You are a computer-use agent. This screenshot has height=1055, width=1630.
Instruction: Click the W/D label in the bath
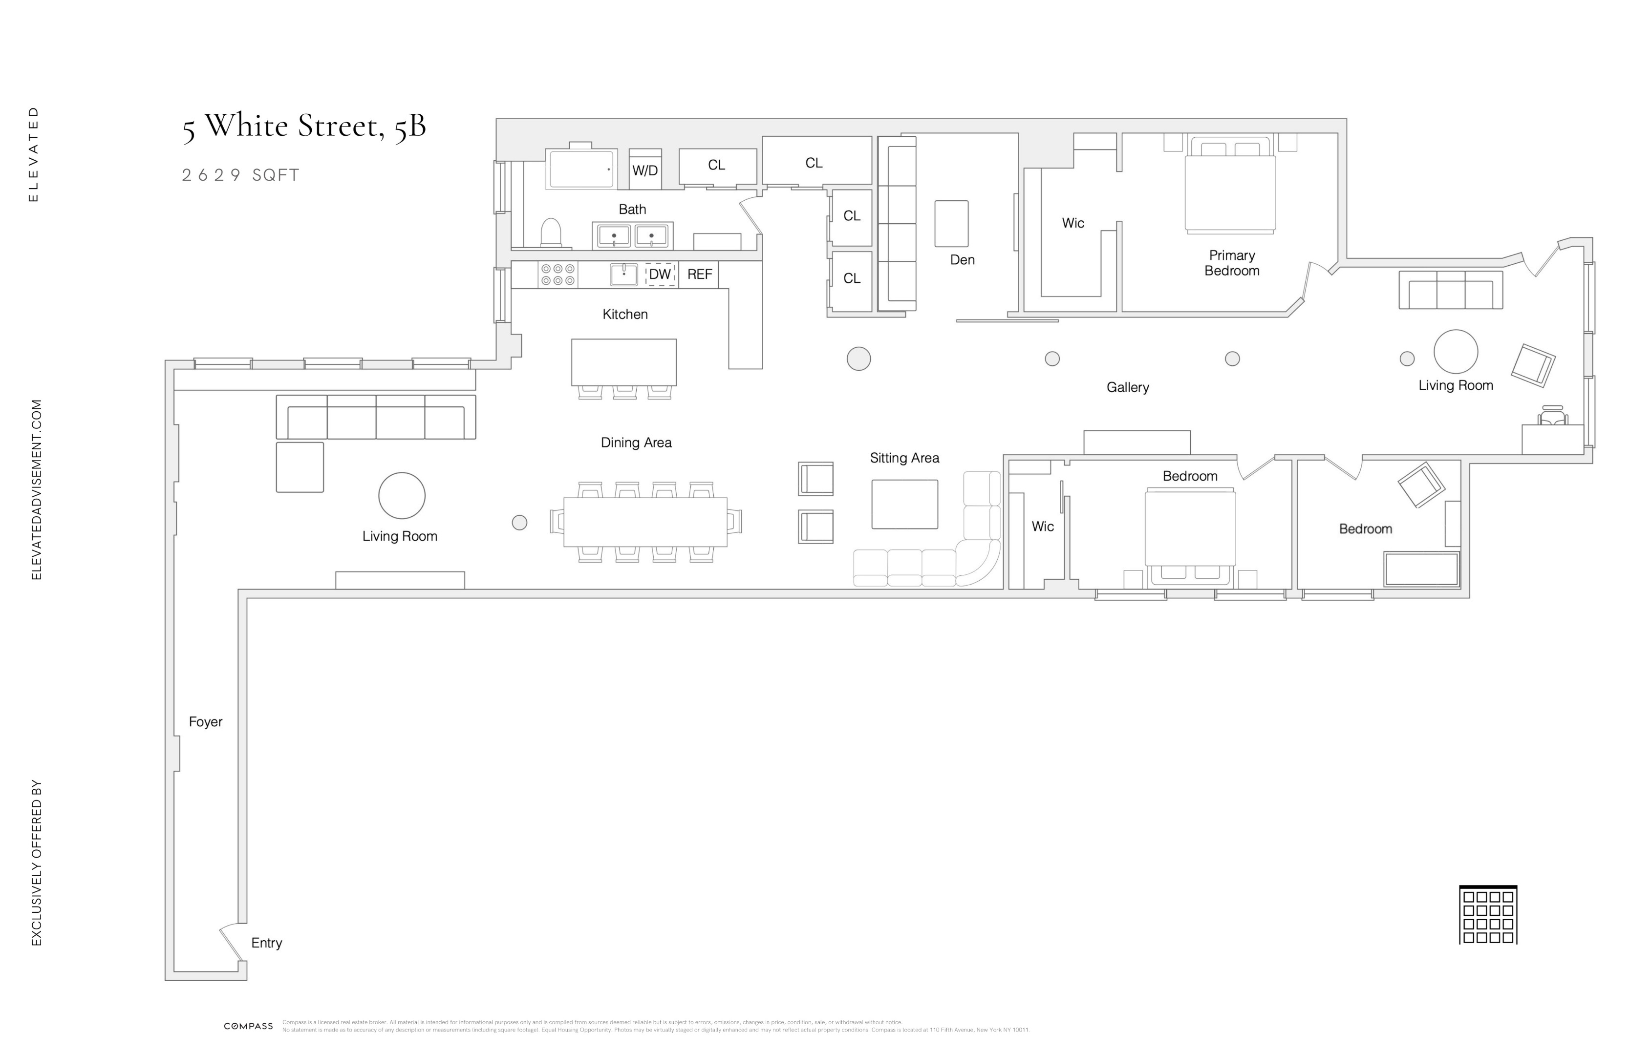644,170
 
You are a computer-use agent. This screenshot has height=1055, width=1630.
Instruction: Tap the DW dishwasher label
660,274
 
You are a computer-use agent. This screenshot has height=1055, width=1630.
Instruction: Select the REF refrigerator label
699,274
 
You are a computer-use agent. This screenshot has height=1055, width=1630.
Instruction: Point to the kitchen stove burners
558,274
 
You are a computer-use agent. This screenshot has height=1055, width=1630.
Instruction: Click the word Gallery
1127,387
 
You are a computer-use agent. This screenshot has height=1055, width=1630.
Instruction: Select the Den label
962,260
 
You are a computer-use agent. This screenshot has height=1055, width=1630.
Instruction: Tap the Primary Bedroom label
1231,263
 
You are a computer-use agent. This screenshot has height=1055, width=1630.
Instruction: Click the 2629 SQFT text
240,175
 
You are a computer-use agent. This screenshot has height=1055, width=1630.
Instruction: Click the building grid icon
1487,915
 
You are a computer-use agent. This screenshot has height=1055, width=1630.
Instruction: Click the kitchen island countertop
623,362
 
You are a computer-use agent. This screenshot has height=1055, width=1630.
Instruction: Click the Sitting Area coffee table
904,504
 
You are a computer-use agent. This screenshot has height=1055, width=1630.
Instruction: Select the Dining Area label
636,443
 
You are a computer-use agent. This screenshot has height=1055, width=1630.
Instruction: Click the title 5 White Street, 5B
304,127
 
